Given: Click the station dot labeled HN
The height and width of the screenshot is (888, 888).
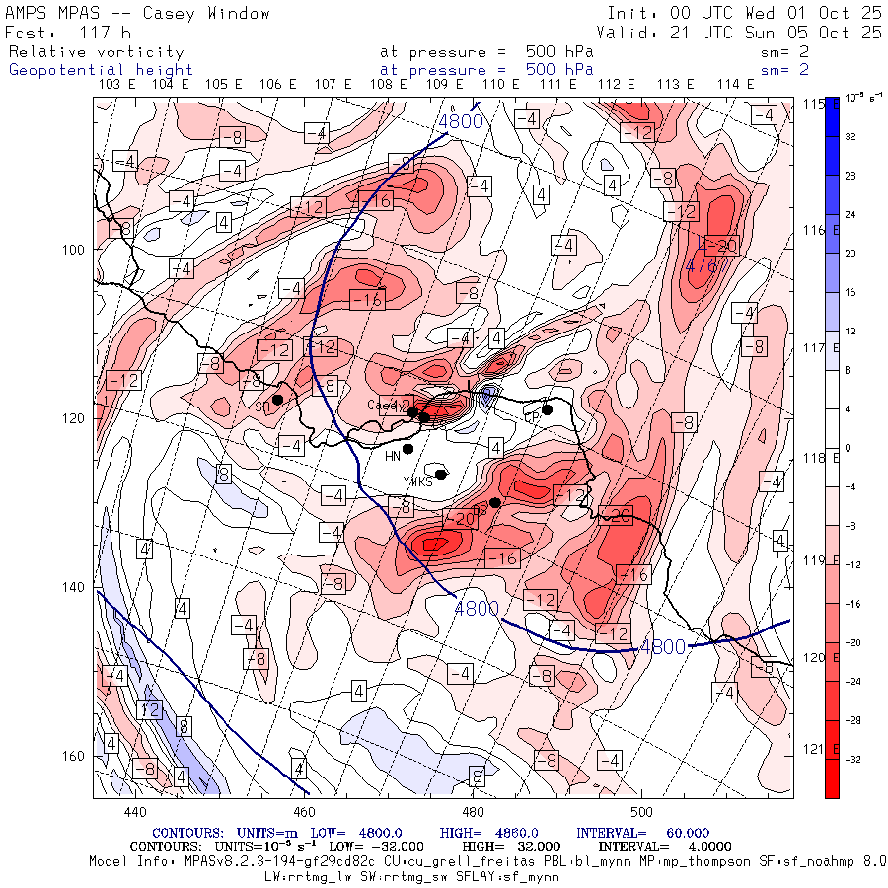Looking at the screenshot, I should [407, 449].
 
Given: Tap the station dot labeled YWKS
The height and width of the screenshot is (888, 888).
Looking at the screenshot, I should [441, 475].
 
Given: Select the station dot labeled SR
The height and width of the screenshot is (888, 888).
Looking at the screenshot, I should [278, 400].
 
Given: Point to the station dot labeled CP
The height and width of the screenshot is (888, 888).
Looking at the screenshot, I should [547, 409].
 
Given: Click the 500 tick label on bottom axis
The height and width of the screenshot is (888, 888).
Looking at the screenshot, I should [641, 812].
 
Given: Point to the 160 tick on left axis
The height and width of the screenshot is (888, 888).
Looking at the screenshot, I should [79, 756].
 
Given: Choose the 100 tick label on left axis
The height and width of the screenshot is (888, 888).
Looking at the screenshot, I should [79, 249].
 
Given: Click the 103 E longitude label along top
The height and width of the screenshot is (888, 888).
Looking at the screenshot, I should [118, 85].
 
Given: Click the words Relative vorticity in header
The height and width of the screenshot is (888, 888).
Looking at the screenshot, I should [96, 52].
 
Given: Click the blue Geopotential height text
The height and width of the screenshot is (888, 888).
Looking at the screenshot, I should [101, 70].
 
